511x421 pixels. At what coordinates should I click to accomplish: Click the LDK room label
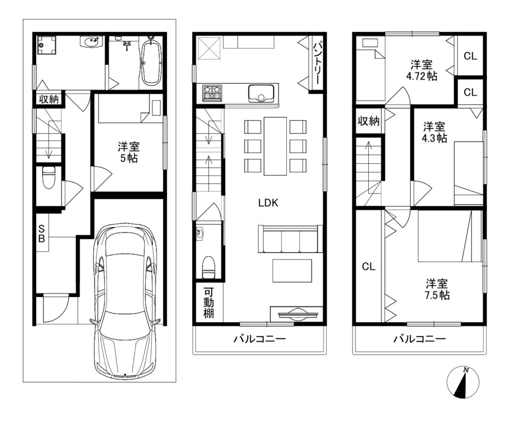tap(268, 203)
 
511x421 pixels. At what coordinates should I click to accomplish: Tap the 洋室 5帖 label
tap(128, 152)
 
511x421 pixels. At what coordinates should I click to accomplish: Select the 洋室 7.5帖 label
tap(437, 289)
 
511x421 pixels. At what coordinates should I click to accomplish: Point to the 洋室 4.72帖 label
tap(422, 70)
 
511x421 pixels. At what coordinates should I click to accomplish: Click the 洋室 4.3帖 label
tap(434, 132)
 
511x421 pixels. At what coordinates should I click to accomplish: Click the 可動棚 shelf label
tap(209, 302)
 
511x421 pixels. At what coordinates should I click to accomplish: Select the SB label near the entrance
tap(42, 233)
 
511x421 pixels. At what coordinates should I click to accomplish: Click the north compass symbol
tap(463, 383)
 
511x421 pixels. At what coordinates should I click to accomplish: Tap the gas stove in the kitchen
tap(212, 92)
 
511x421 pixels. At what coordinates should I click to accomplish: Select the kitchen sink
tap(261, 93)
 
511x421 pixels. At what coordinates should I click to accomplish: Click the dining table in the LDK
tap(275, 146)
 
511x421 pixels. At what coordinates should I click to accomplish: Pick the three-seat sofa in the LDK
tap(288, 239)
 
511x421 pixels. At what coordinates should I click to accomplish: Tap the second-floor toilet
tap(209, 267)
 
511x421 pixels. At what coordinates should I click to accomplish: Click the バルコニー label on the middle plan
tap(259, 339)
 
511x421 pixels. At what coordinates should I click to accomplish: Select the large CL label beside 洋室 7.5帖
tap(368, 267)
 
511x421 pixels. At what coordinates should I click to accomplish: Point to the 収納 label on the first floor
tap(49, 99)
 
